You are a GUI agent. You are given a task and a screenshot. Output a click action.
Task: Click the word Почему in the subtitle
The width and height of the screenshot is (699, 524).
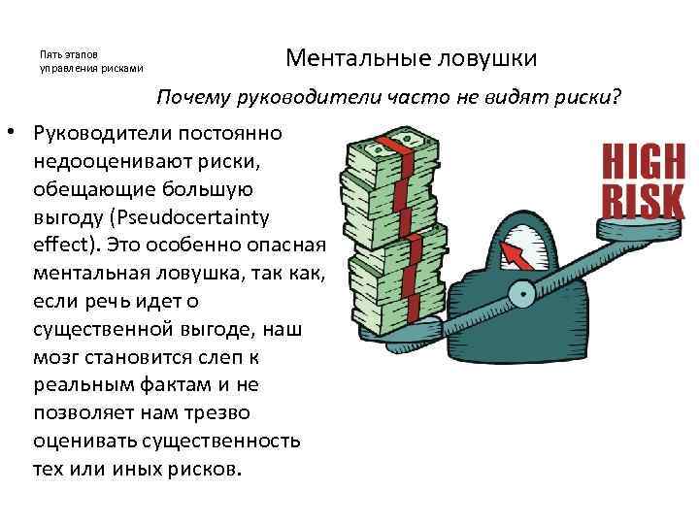point(196,98)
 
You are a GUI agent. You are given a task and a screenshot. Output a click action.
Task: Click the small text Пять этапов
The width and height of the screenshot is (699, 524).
point(67,54)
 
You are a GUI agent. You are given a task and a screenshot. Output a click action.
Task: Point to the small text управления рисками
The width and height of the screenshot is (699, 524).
point(90,69)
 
